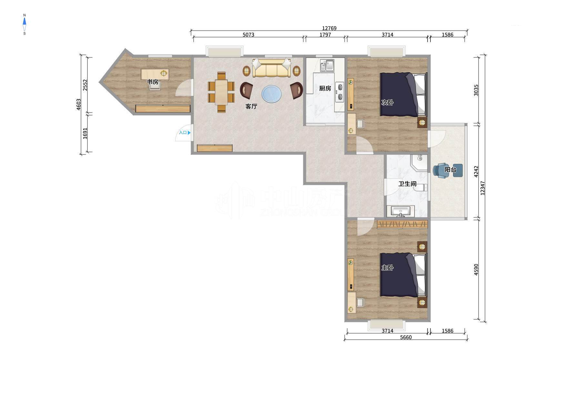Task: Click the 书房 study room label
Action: pyautogui.click(x=153, y=82)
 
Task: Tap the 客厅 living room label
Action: pyautogui.click(x=251, y=106)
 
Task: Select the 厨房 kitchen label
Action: pyautogui.click(x=325, y=88)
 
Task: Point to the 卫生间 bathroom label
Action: pyautogui.click(x=407, y=184)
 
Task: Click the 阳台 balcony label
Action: pyautogui.click(x=450, y=169)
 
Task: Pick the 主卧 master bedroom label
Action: pyautogui.click(x=388, y=268)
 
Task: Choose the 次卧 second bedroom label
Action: pyautogui.click(x=388, y=103)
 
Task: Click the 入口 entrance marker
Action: pyautogui.click(x=185, y=133)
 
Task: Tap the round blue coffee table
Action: pyautogui.click(x=272, y=94)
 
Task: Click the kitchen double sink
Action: pyautogui.click(x=327, y=65)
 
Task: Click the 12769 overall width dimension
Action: pyautogui.click(x=329, y=28)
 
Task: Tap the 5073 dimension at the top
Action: pyautogui.click(x=248, y=35)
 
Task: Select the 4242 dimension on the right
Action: pyautogui.click(x=476, y=172)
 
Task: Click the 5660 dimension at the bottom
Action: pyautogui.click(x=406, y=337)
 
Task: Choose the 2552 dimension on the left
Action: pyautogui.click(x=85, y=85)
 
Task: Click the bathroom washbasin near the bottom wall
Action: pyautogui.click(x=400, y=211)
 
